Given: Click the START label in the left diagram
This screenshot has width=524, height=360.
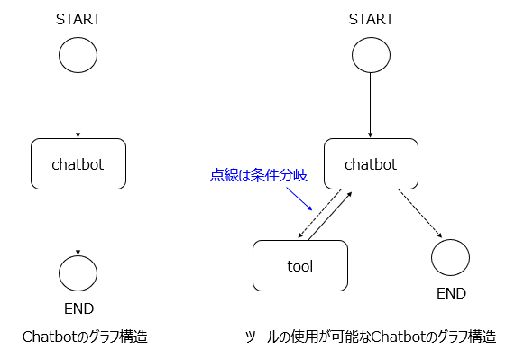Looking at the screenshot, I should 78,19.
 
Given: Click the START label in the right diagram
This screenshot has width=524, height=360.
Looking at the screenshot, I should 370,19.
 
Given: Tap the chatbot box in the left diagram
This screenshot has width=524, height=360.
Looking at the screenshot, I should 78,164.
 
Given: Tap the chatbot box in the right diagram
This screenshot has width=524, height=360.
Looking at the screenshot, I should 370,164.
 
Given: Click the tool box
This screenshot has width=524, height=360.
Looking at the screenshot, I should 299,265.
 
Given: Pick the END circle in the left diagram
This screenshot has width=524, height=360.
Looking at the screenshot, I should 78,272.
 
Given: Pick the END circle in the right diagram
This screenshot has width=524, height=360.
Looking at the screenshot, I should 450,257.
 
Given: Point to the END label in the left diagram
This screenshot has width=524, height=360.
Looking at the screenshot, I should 78,308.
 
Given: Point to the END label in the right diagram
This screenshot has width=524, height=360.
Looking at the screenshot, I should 451,293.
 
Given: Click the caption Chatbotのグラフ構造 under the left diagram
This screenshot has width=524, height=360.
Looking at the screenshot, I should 85,337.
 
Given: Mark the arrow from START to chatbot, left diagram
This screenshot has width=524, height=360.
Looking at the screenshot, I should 78,106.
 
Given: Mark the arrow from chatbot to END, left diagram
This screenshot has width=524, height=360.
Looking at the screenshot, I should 78,221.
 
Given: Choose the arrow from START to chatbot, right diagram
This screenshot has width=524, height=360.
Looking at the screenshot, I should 370,106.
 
